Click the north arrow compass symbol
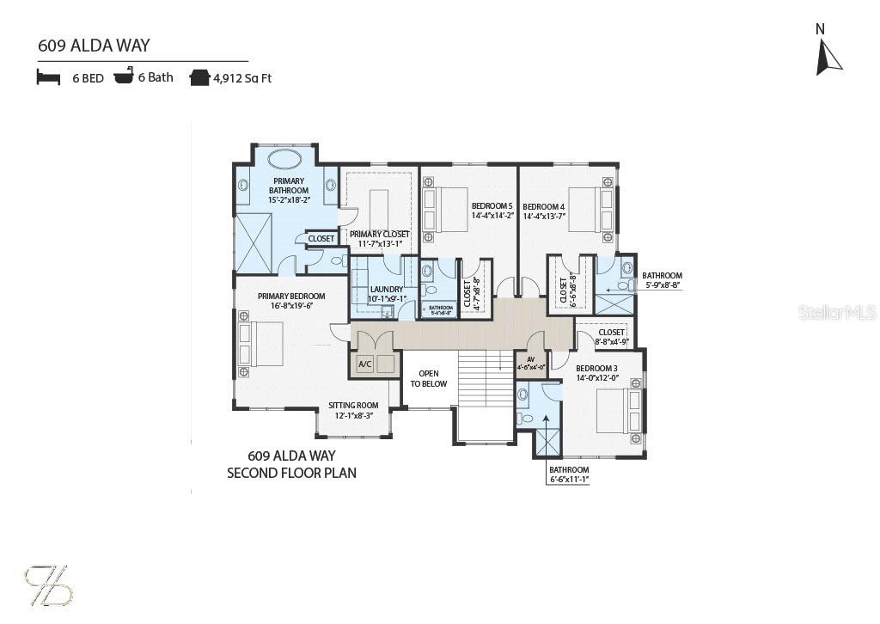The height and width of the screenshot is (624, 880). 828,56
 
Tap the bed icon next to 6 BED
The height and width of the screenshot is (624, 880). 48,77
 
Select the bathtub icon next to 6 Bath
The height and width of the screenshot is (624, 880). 124,77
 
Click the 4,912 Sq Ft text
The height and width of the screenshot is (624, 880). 242,78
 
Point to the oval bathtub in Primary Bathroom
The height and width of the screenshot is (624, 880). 284,159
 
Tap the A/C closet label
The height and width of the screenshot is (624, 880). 364,364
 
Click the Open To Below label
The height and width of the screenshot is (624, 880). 428,379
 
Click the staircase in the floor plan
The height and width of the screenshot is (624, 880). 486,378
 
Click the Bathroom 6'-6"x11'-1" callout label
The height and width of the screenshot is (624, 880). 569,474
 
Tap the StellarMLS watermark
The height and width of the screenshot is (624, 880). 836,312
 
